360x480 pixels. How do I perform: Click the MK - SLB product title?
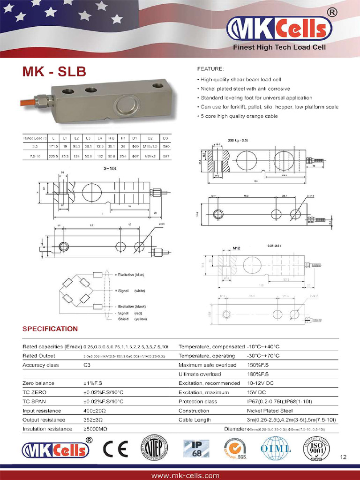click(54, 72)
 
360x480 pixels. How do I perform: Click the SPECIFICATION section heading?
click(50, 329)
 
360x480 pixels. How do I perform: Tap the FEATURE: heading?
click(210, 69)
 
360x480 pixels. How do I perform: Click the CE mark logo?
click(115, 450)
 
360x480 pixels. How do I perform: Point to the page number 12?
click(344, 457)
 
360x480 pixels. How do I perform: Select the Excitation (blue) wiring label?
click(131, 274)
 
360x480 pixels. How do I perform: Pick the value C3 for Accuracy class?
click(87, 365)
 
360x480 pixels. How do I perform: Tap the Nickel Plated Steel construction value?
click(270, 410)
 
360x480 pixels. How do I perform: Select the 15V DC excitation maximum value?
click(256, 392)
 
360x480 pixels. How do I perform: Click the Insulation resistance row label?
click(47, 429)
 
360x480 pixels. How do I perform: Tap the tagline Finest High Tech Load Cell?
click(279, 47)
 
